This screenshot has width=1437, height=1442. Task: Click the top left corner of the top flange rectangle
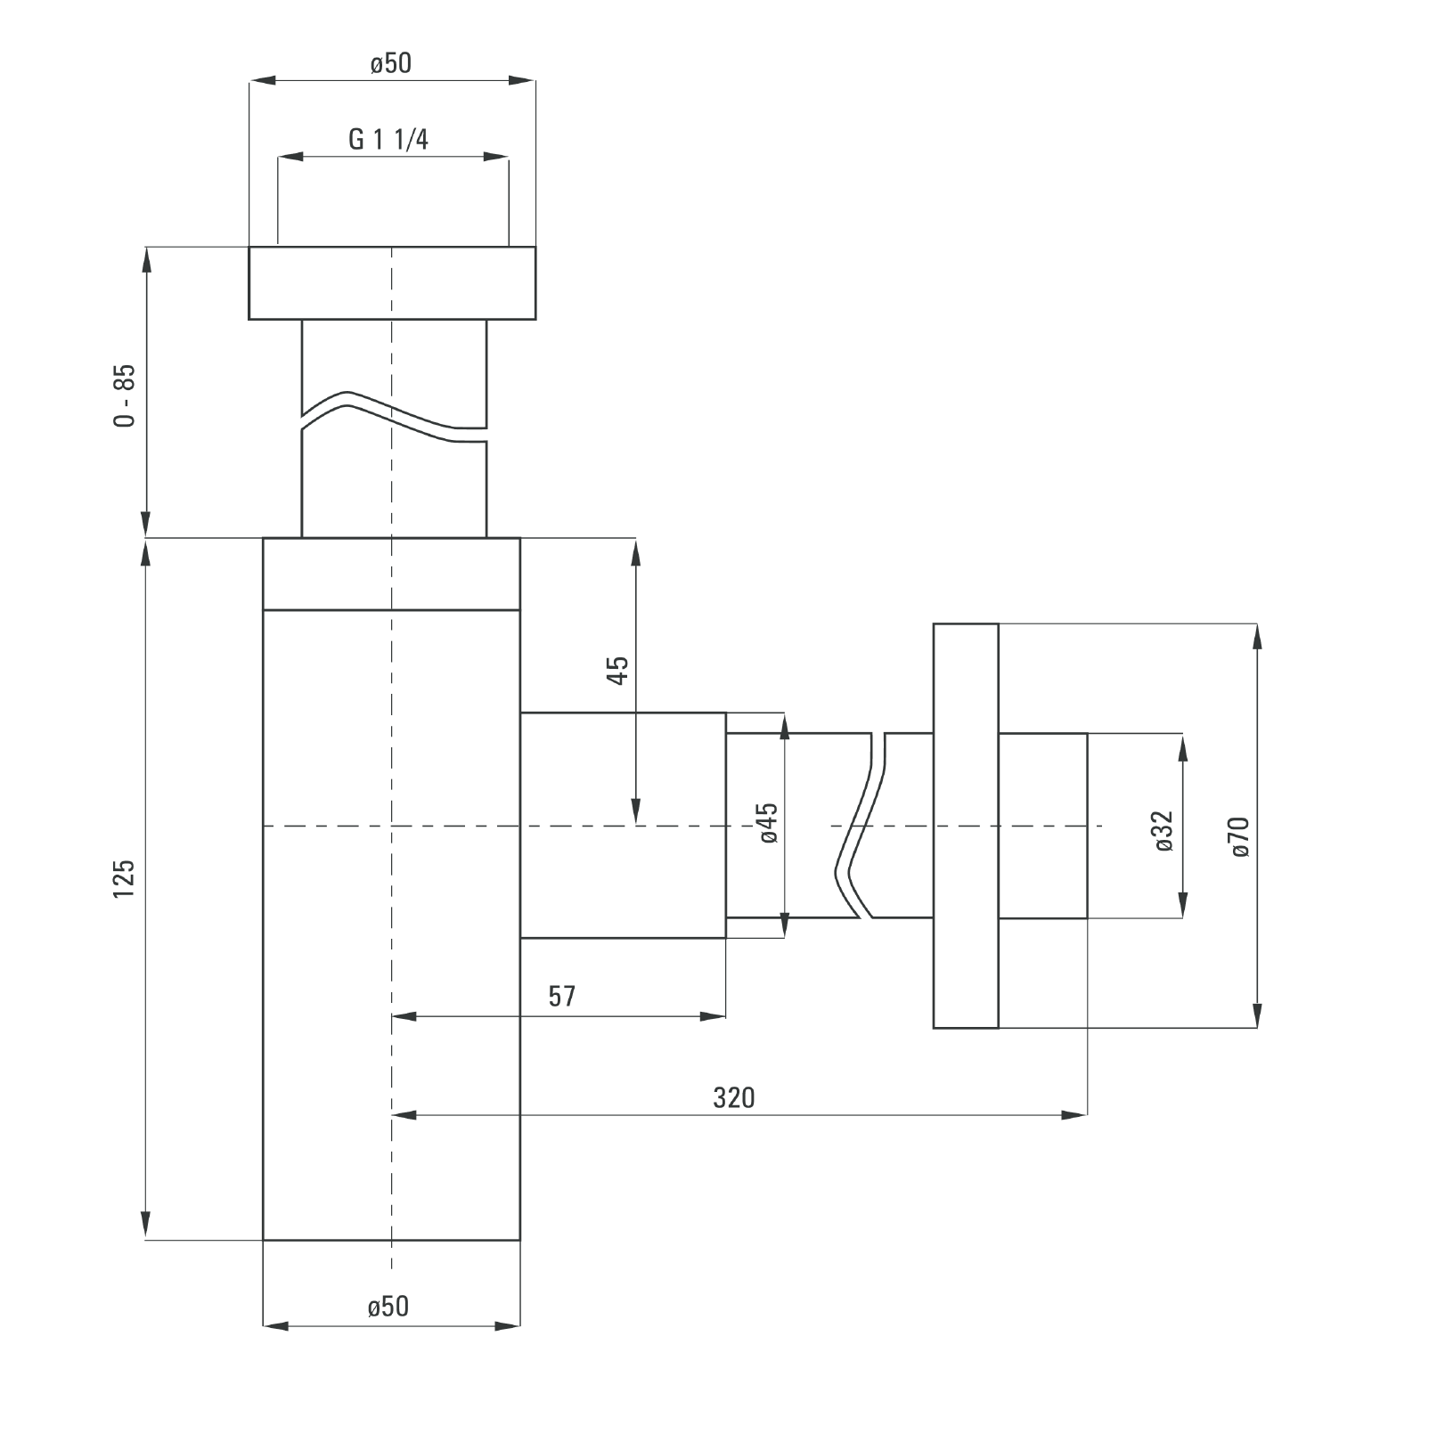click(249, 247)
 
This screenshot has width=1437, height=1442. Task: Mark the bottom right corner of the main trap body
click(519, 1240)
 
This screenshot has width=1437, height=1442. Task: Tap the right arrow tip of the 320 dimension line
click(1087, 1114)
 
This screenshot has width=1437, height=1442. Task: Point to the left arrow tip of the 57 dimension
click(393, 1016)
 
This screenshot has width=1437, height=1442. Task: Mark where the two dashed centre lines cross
click(392, 827)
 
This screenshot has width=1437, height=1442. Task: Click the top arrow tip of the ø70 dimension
click(1257, 624)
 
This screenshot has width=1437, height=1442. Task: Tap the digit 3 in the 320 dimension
click(719, 1098)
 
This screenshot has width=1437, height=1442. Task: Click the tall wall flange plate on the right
click(966, 826)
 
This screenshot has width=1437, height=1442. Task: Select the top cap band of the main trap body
click(391, 574)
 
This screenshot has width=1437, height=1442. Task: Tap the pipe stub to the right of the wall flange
click(1043, 826)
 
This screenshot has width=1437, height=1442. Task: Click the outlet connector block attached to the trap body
click(623, 825)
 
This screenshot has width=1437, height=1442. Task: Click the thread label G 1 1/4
click(388, 140)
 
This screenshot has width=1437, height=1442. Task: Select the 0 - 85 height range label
click(126, 395)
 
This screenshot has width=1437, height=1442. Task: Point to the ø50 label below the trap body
click(388, 1306)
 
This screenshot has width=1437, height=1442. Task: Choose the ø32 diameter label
click(1163, 831)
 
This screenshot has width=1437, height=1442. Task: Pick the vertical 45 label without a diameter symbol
click(617, 669)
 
